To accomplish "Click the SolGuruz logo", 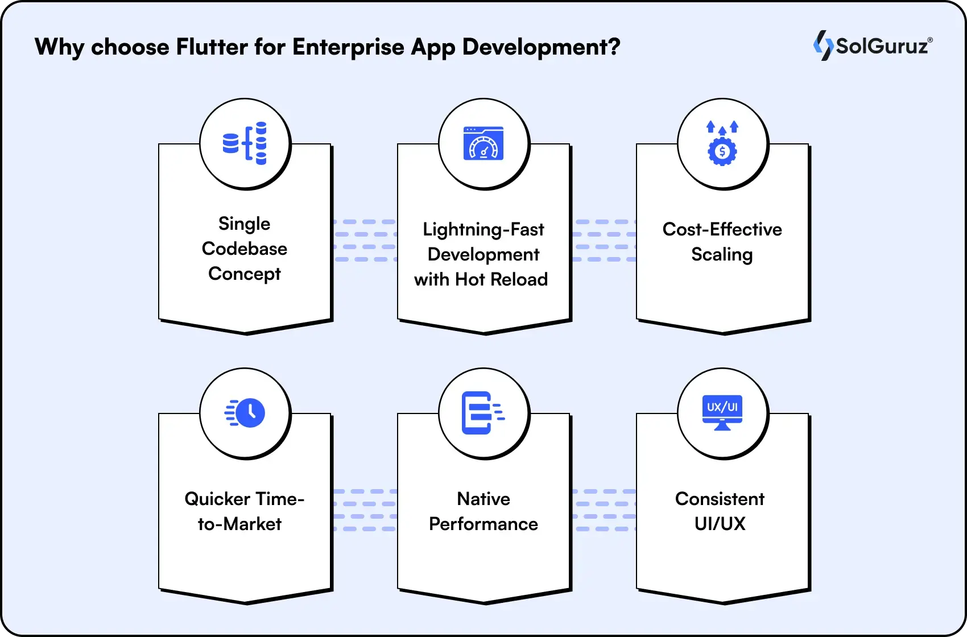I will pyautogui.click(x=873, y=45).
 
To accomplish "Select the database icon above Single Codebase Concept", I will pyautogui.click(x=245, y=143).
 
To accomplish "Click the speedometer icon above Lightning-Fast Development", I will pyautogui.click(x=483, y=143).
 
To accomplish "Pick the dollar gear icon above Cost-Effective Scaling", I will pyautogui.click(x=722, y=143).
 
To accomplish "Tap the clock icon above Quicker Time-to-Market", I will pyautogui.click(x=245, y=412).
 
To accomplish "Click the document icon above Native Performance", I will pyautogui.click(x=482, y=412).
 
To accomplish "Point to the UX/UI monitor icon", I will pyautogui.click(x=722, y=412).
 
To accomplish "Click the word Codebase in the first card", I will pyautogui.click(x=245, y=249).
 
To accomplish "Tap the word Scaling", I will pyautogui.click(x=722, y=254).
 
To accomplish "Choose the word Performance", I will pyautogui.click(x=483, y=524).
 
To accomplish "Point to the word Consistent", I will pyautogui.click(x=720, y=499).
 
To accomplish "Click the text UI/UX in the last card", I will pyautogui.click(x=720, y=524).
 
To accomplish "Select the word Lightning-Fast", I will pyautogui.click(x=483, y=229).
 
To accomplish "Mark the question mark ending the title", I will pyautogui.click(x=614, y=47).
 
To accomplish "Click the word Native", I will pyautogui.click(x=483, y=499).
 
